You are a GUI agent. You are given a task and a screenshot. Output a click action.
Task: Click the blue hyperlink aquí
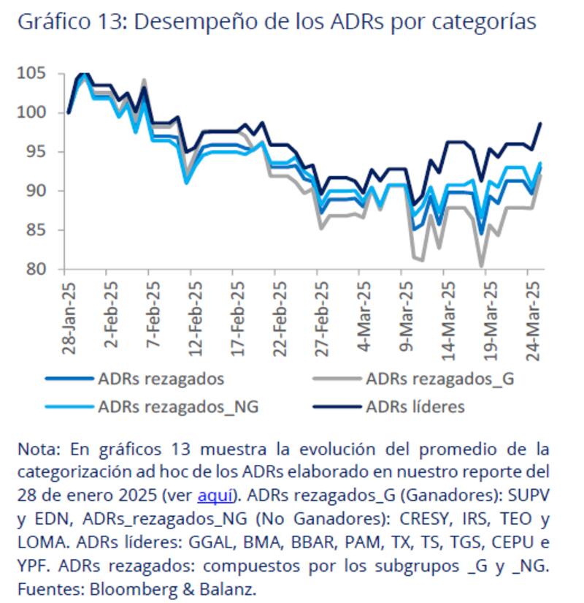tap(217, 495)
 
